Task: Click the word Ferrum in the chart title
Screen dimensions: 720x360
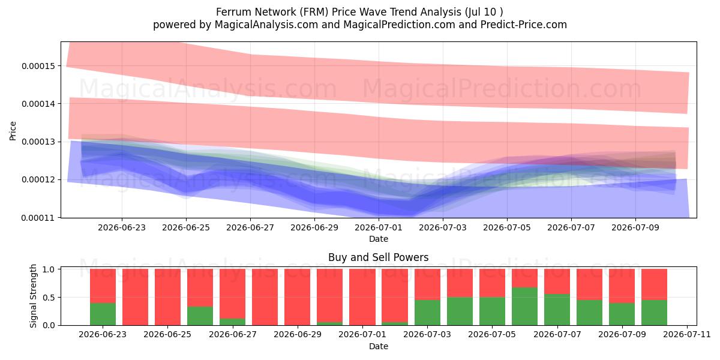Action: (x=233, y=12)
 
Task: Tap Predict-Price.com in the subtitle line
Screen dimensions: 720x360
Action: (x=524, y=25)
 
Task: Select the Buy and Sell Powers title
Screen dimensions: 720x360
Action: (x=379, y=257)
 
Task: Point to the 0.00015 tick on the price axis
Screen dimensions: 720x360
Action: (x=38, y=66)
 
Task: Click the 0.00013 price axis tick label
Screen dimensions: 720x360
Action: (x=38, y=142)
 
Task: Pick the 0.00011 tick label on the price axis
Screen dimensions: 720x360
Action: (x=38, y=218)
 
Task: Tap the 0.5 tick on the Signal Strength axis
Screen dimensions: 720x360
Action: (x=49, y=298)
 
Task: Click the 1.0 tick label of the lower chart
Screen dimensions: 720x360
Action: (x=49, y=269)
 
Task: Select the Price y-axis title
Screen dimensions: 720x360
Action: (x=13, y=131)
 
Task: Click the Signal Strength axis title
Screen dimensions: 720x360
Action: (x=33, y=296)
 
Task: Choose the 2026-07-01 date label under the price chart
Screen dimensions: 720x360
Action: (x=379, y=227)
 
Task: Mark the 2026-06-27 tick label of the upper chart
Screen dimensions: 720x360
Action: (x=250, y=227)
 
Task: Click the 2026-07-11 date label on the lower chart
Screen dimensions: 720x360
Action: (x=687, y=334)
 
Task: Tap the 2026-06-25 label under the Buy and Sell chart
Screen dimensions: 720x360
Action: (x=167, y=334)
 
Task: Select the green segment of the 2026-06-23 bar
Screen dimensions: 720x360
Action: (x=103, y=314)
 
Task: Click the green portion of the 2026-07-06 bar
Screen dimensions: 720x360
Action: (x=524, y=307)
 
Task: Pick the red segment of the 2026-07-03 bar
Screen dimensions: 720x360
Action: (x=427, y=284)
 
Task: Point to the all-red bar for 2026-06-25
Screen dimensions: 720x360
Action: (x=167, y=297)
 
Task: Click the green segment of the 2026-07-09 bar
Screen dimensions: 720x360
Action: (x=622, y=314)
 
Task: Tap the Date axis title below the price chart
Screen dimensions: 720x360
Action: (x=379, y=239)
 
